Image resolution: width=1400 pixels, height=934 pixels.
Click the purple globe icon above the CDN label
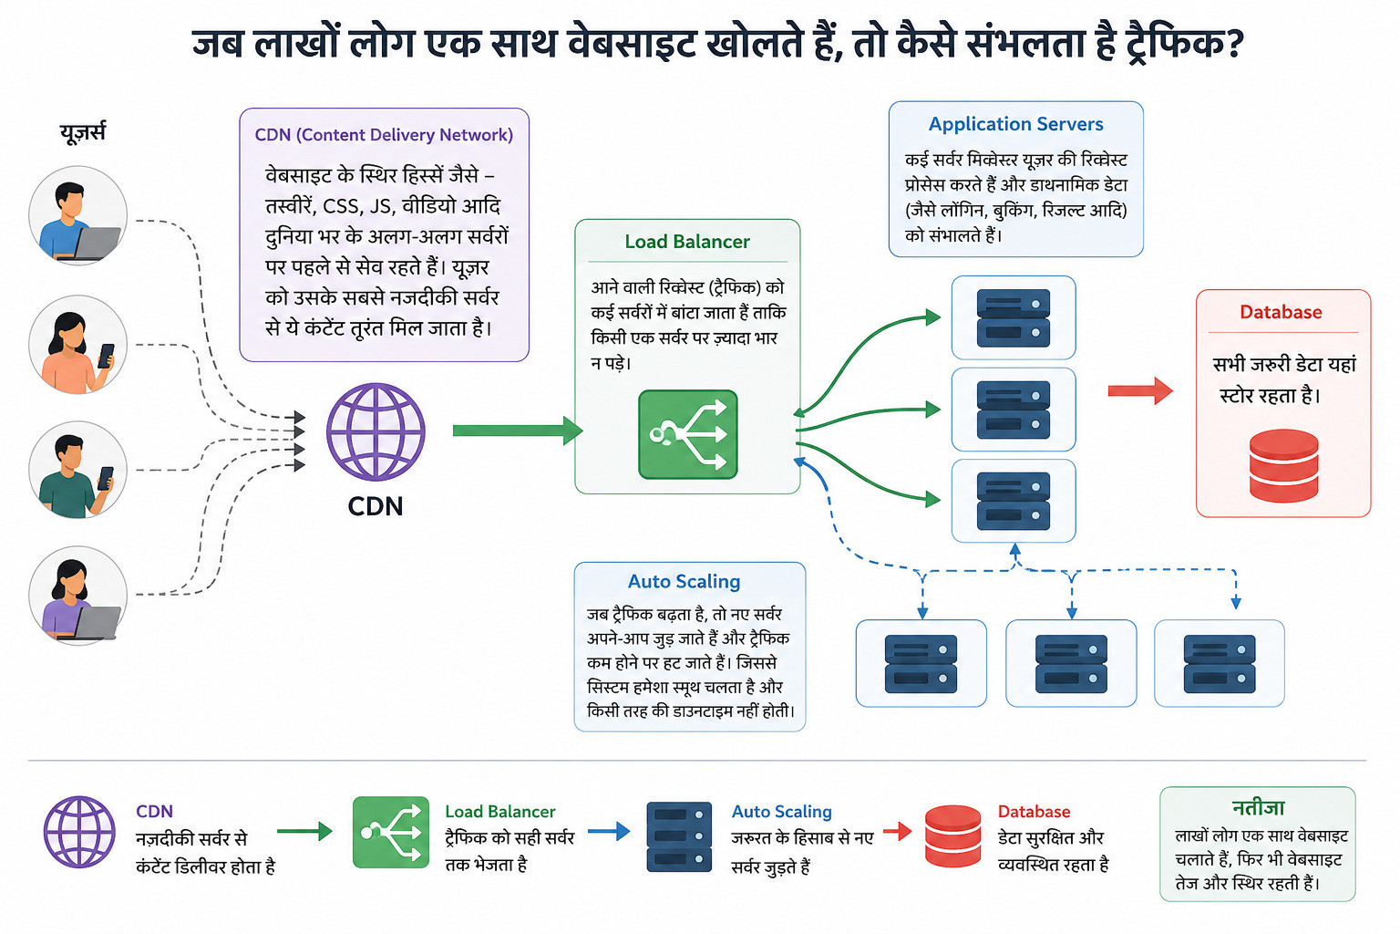click(376, 431)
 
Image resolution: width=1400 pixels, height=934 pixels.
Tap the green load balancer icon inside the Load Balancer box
click(688, 435)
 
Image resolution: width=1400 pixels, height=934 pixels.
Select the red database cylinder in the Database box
click(1283, 465)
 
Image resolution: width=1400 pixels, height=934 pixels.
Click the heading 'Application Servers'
click(1015, 124)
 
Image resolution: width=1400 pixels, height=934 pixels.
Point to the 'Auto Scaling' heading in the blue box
click(684, 581)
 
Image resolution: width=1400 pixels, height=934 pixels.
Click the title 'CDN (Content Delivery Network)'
click(384, 134)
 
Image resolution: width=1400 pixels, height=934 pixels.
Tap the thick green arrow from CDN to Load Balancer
click(518, 431)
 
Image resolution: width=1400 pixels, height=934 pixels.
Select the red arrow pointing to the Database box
click(1140, 391)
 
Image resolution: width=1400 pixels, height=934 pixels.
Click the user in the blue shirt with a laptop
click(78, 215)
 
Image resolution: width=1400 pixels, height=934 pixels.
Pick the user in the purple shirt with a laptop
click(78, 596)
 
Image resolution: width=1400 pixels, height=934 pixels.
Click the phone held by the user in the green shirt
click(106, 478)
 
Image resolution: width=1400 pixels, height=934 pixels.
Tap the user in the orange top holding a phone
click(78, 345)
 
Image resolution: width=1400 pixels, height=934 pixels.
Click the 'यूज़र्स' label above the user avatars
click(83, 132)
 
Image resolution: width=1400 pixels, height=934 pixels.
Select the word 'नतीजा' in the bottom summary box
click(1258, 807)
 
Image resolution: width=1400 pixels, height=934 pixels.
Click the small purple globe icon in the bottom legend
click(79, 832)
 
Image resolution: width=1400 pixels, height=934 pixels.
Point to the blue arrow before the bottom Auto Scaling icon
click(609, 831)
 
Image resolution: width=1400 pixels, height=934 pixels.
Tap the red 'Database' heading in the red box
click(1281, 312)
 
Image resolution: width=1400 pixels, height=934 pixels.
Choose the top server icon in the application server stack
click(1014, 317)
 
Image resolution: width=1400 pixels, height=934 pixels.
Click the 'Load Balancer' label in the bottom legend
click(500, 812)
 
